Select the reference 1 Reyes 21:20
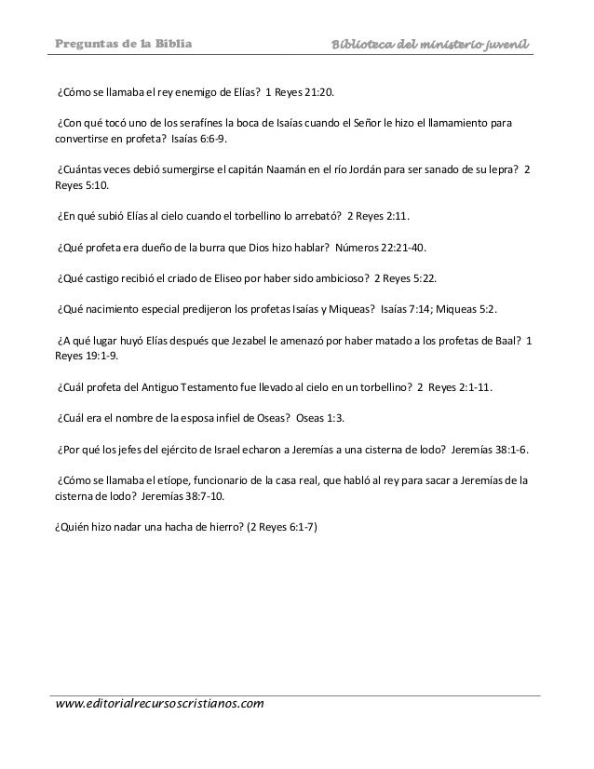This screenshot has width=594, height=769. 305,94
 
